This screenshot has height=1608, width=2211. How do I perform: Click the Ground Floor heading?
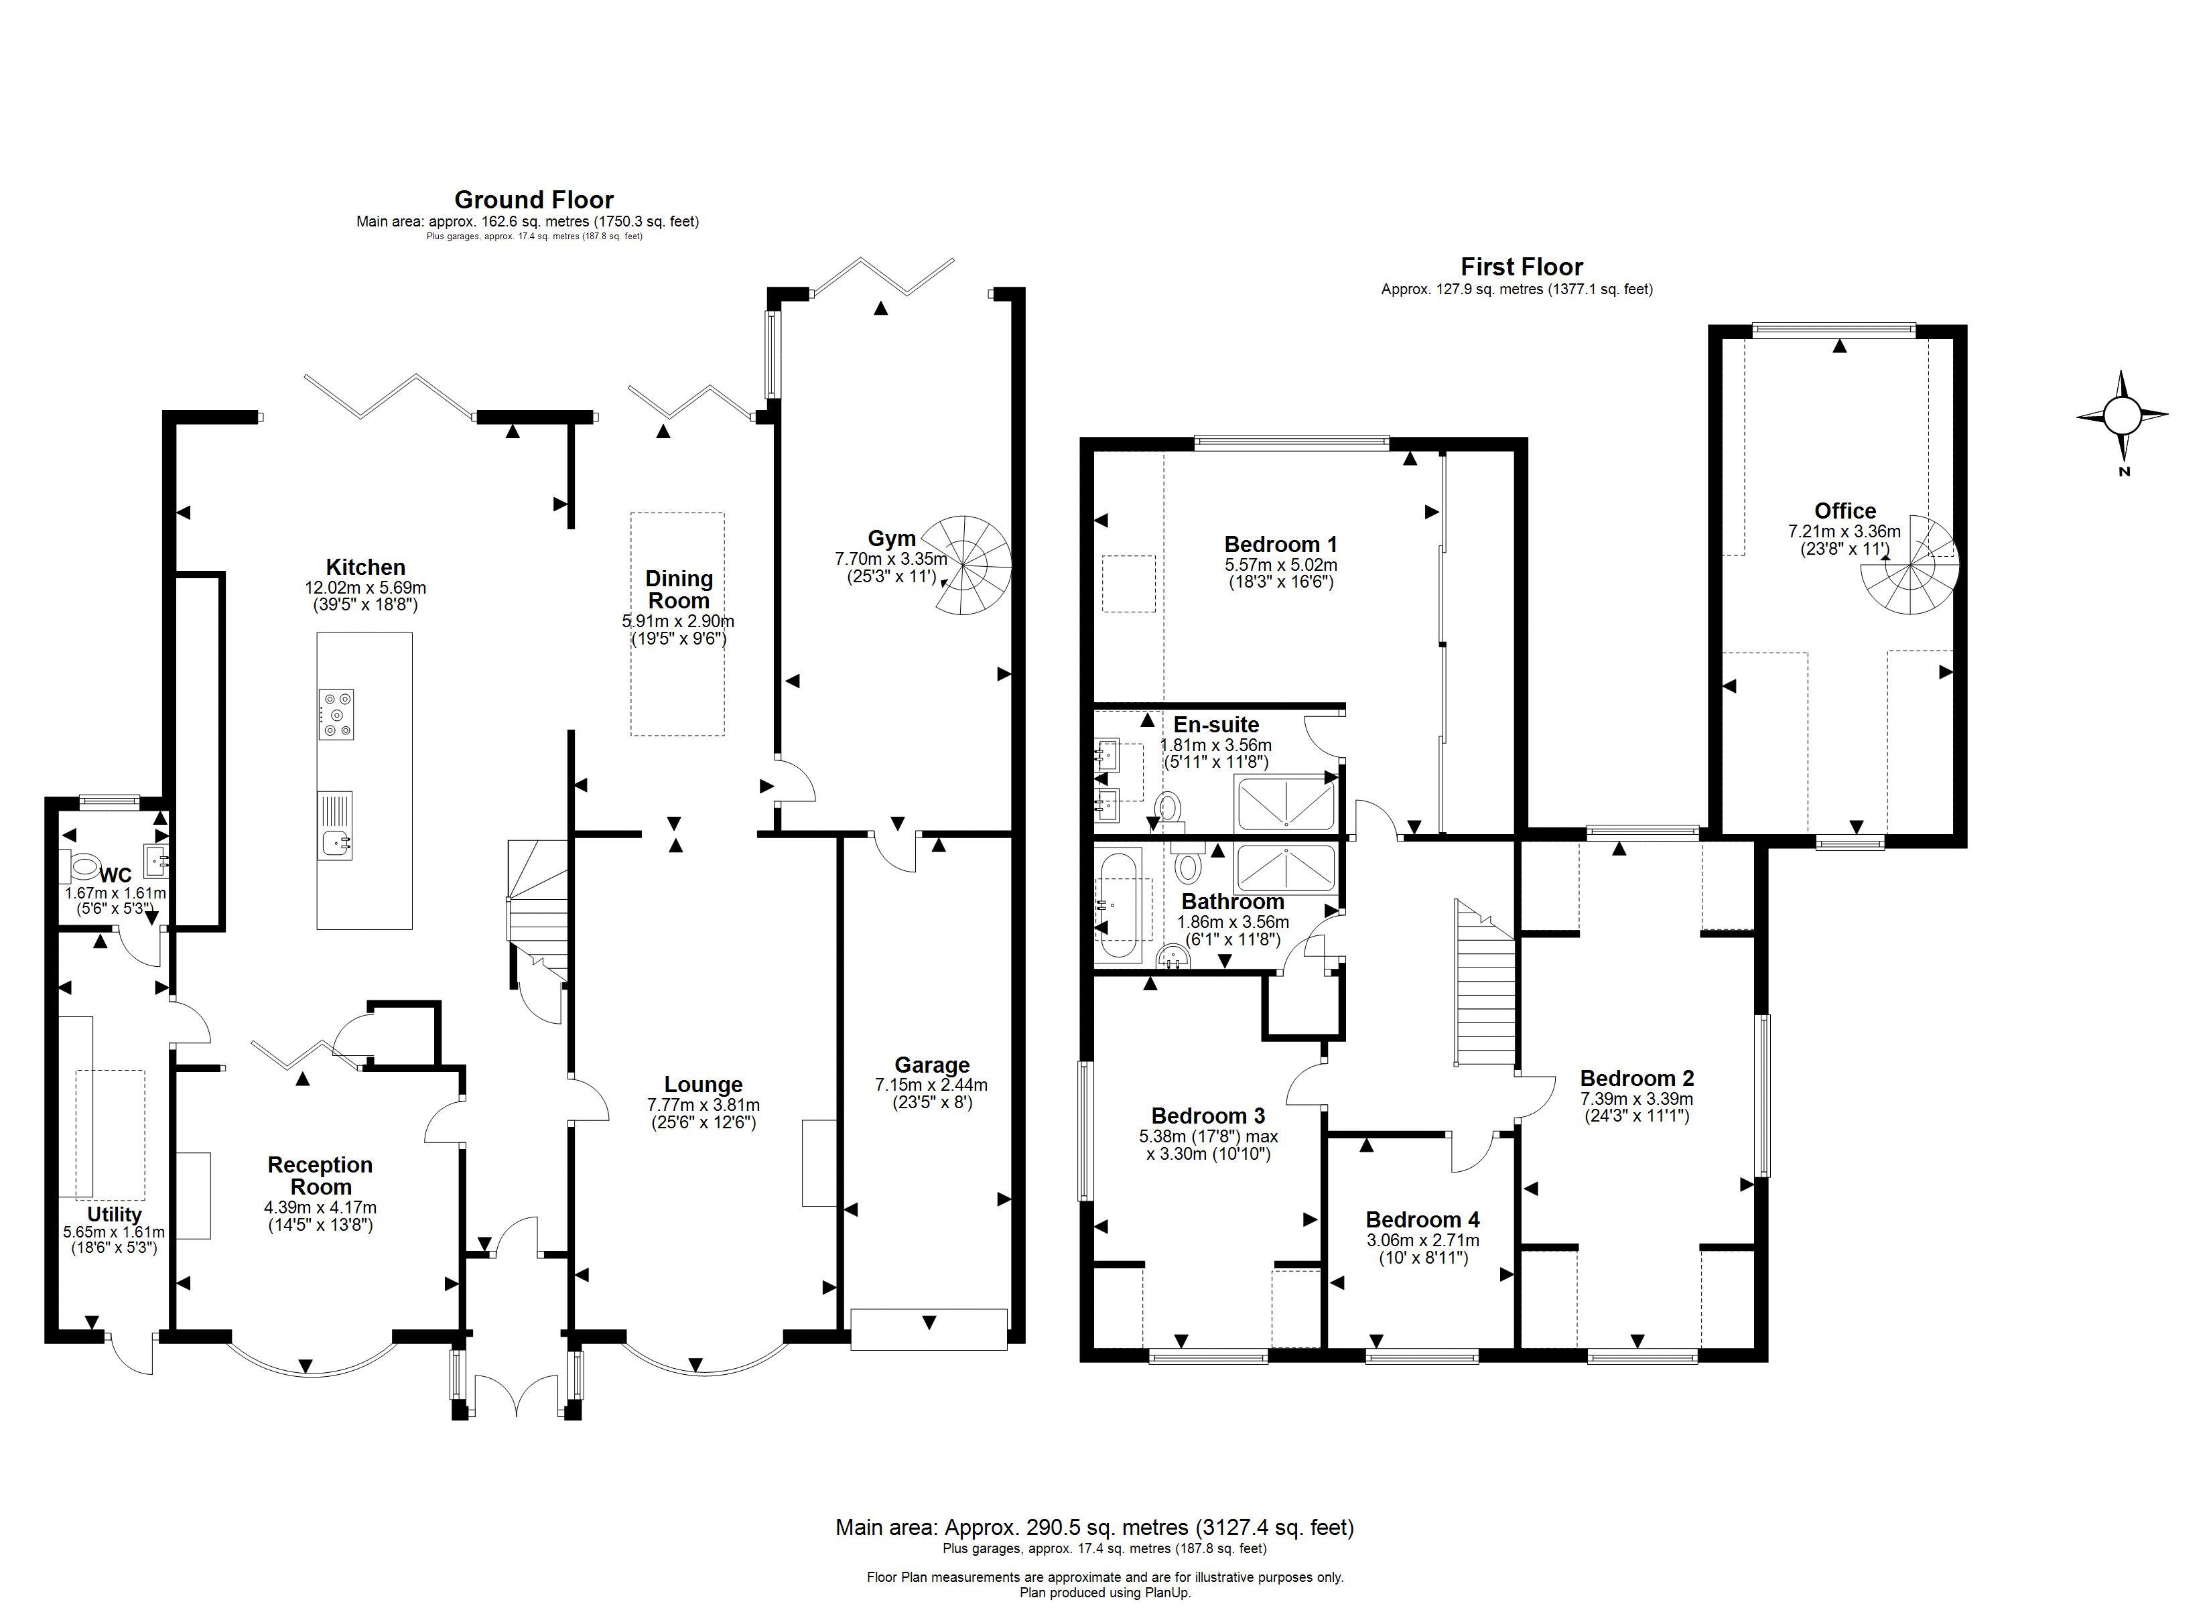[533, 200]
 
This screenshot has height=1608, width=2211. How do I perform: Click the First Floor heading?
[1521, 266]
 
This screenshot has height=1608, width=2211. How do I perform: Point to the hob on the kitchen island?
[336, 714]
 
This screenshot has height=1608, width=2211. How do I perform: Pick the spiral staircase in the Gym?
[964, 565]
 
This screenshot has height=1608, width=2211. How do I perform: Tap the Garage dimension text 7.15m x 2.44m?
[931, 1084]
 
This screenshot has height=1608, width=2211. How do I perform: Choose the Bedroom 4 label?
[1422, 1219]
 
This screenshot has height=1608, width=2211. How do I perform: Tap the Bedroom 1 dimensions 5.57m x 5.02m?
[1280, 565]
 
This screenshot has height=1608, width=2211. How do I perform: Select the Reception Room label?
[320, 1175]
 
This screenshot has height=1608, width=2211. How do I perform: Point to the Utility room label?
[114, 1214]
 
